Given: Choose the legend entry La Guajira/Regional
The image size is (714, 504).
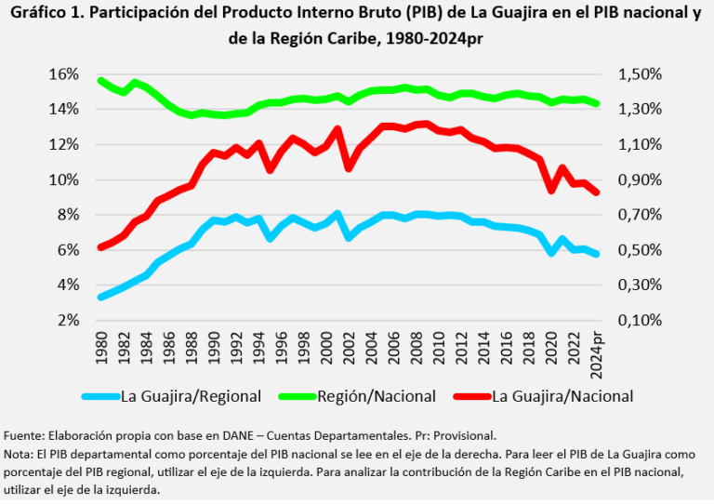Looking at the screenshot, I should click(191, 396).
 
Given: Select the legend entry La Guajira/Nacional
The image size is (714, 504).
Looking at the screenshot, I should click(561, 396).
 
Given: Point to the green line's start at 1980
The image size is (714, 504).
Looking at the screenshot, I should click(100, 81).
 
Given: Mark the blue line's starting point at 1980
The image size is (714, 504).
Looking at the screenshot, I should click(100, 297).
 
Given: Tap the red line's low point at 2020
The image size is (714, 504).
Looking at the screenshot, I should click(552, 191).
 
